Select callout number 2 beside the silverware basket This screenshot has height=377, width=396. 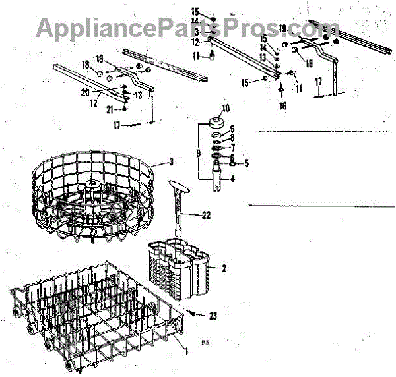[x=224, y=268]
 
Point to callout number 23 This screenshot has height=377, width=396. [x=213, y=316]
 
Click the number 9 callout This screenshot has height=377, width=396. [x=199, y=153]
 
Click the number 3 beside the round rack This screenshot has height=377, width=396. [x=171, y=161]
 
